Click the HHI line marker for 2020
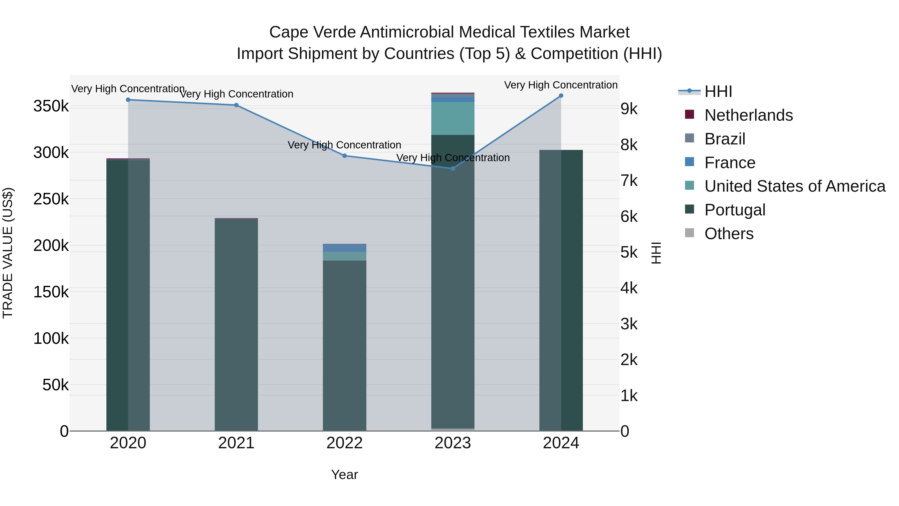[x=128, y=100]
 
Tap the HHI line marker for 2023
[x=453, y=169]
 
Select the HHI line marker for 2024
[x=561, y=96]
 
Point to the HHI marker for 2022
[x=344, y=156]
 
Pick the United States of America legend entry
[x=795, y=186]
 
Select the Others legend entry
[x=729, y=234]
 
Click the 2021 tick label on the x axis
[x=236, y=443]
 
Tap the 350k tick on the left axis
[x=51, y=106]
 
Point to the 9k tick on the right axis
[x=629, y=109]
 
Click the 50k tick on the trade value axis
[x=55, y=385]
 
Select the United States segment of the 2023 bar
[x=453, y=118]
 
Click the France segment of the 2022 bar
[x=344, y=248]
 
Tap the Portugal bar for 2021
[x=236, y=325]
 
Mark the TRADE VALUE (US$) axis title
[x=8, y=253]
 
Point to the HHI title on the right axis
[x=656, y=253]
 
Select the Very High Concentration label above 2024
[x=561, y=85]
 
